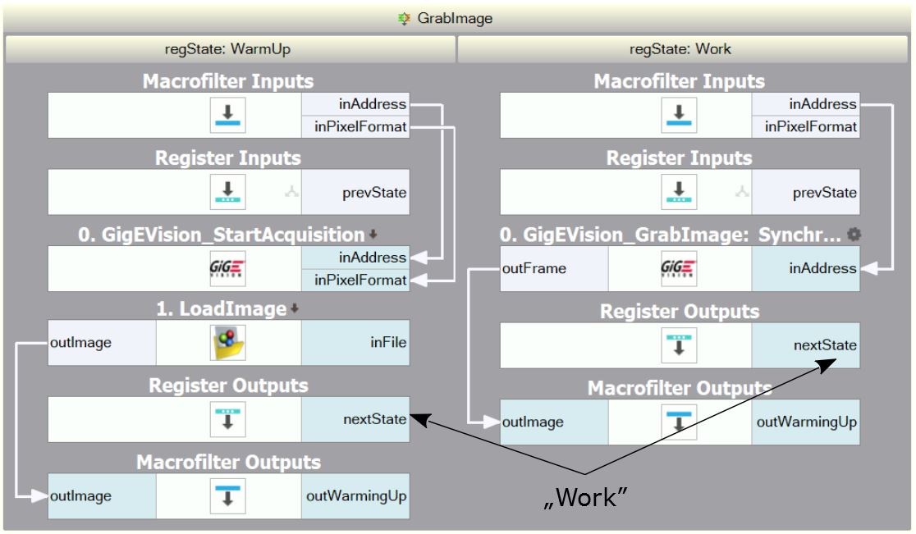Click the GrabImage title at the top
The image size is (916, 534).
pyautogui.click(x=457, y=17)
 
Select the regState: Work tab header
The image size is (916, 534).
pyautogui.click(x=685, y=49)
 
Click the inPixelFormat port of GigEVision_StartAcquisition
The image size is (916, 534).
pyautogui.click(x=355, y=280)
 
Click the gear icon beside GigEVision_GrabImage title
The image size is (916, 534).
pyautogui.click(x=854, y=235)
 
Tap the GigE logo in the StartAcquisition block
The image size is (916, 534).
pyautogui.click(x=229, y=268)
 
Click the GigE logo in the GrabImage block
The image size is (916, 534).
pyautogui.click(x=680, y=268)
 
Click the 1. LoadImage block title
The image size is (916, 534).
pyautogui.click(x=222, y=309)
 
